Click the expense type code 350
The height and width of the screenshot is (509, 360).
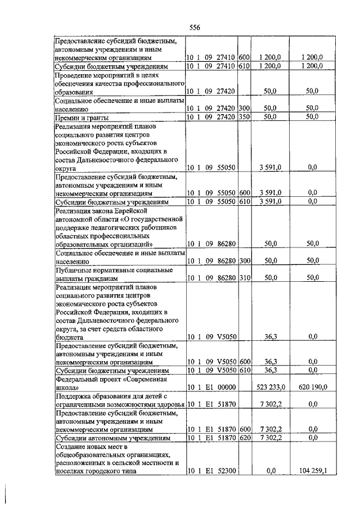pyautogui.click(x=244, y=117)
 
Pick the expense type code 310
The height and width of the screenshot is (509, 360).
pyautogui.click(x=244, y=278)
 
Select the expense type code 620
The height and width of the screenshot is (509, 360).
pyautogui.click(x=244, y=437)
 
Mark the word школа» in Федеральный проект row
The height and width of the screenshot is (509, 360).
pyautogui.click(x=67, y=388)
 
